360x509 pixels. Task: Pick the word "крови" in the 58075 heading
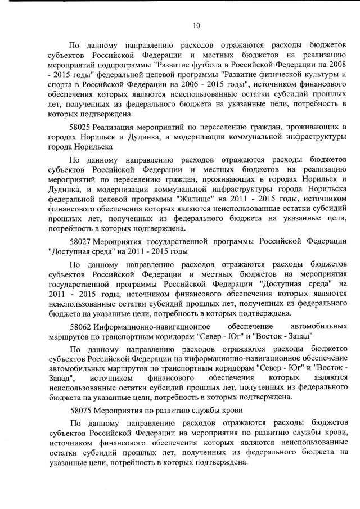click(x=231, y=410)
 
